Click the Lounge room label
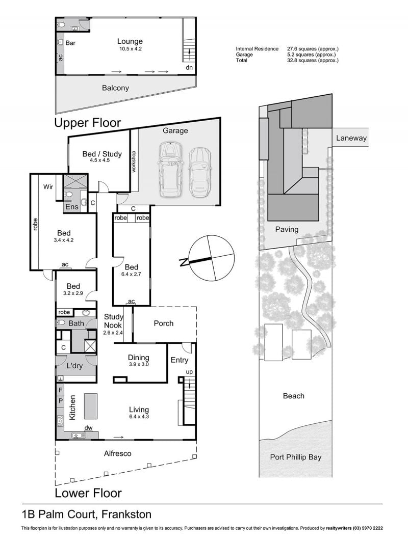pyautogui.click(x=130, y=42)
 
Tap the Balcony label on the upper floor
pyautogui.click(x=115, y=88)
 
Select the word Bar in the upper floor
pyautogui.click(x=70, y=43)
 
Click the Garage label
pyautogui.click(x=175, y=131)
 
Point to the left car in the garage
pyautogui.click(x=170, y=170)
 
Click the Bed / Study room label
pyautogui.click(x=102, y=154)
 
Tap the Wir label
pyautogui.click(x=48, y=187)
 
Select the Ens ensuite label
pyautogui.click(x=72, y=207)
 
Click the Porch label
pyautogui.click(x=164, y=323)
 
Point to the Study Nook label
pyautogui.click(x=113, y=321)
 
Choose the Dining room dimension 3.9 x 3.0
pyautogui.click(x=139, y=364)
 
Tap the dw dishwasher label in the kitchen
pyautogui.click(x=88, y=428)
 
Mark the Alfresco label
pyautogui.click(x=117, y=454)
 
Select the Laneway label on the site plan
pyautogui.click(x=351, y=138)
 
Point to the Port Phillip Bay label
pyautogui.click(x=296, y=457)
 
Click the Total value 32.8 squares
pyautogui.click(x=313, y=60)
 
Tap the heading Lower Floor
pyautogui.click(x=88, y=493)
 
